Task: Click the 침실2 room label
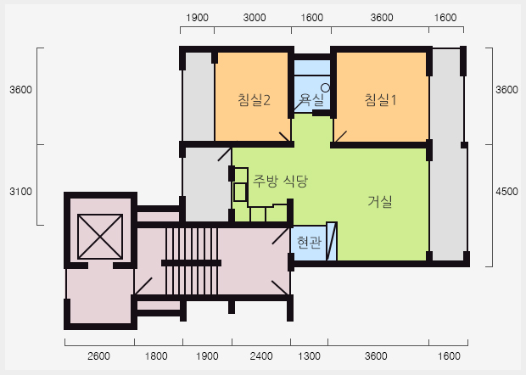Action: pos(254,100)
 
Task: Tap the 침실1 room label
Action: pos(380,99)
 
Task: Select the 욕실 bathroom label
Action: pos(311,99)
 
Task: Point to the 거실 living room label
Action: pos(380,201)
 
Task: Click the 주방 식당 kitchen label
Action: pos(280,181)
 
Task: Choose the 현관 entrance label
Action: pos(309,242)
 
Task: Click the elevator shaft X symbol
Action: pos(100,237)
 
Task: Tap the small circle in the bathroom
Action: pos(326,88)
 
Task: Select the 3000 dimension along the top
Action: pos(255,18)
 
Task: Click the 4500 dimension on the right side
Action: pos(506,192)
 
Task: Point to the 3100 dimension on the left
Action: pos(21,192)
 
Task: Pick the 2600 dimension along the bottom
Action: pos(98,355)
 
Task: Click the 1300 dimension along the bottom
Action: pos(309,355)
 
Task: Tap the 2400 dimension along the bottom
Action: pos(261,355)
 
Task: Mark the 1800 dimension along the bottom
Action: pos(156,355)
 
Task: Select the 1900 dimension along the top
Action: pos(197,18)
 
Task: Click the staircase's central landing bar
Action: pos(191,263)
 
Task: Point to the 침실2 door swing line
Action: pos(285,137)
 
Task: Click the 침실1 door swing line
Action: pos(340,137)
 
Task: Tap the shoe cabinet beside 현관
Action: pos(332,241)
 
